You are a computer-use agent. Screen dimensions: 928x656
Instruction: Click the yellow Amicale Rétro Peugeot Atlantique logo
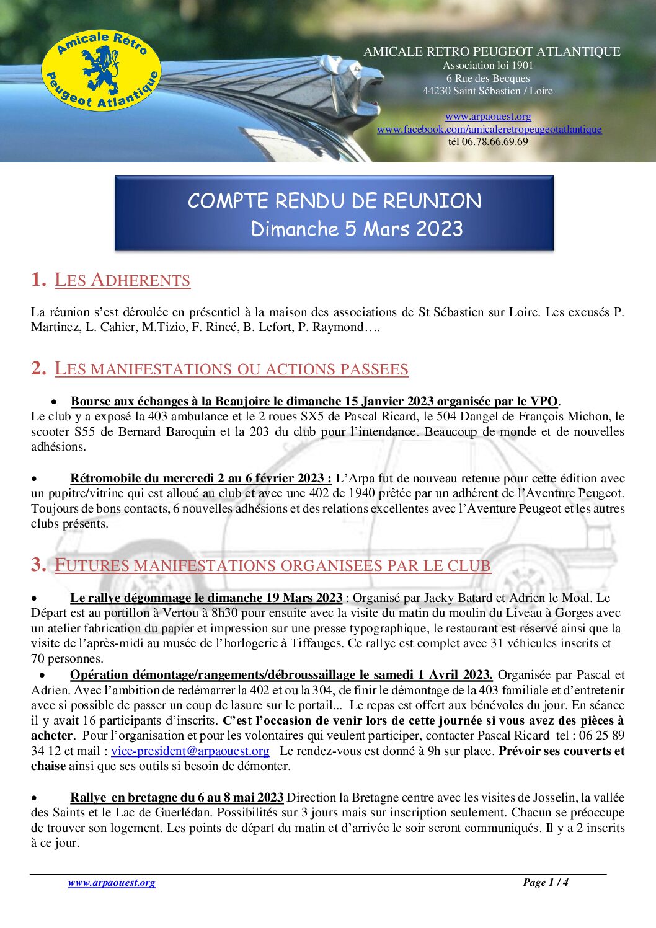[x=101, y=71]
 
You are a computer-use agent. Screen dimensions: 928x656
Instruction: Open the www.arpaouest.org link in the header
[x=488, y=117]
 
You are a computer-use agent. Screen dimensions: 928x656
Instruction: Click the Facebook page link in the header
[x=489, y=130]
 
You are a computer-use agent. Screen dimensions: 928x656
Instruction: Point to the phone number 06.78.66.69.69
[x=494, y=142]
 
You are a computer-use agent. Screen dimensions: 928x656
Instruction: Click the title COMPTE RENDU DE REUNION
[x=334, y=201]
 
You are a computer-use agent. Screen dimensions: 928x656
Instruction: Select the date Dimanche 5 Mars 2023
[x=357, y=229]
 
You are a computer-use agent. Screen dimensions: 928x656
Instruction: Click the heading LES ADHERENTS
[x=122, y=280]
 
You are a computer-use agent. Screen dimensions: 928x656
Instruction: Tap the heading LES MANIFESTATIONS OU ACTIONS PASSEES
[x=231, y=369]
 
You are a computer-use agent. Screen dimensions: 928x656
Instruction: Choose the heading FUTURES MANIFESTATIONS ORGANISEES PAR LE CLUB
[x=272, y=565]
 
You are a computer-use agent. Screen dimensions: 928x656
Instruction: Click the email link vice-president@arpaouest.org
[x=190, y=751]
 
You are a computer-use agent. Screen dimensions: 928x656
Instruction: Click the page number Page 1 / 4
[x=545, y=882]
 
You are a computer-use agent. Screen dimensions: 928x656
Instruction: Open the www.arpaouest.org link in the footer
[x=112, y=883]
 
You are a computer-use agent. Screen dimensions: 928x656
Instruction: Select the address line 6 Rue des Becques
[x=488, y=78]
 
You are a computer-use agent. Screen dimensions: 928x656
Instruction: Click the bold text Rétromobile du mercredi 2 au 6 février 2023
[x=201, y=479]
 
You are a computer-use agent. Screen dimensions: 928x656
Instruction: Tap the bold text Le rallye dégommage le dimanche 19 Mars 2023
[x=206, y=598]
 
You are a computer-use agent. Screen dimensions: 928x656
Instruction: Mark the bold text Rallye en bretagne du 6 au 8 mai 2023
[x=177, y=798]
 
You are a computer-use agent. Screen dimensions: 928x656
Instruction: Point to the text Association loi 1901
[x=488, y=65]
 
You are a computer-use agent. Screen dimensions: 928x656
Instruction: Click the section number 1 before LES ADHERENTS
[x=37, y=280]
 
